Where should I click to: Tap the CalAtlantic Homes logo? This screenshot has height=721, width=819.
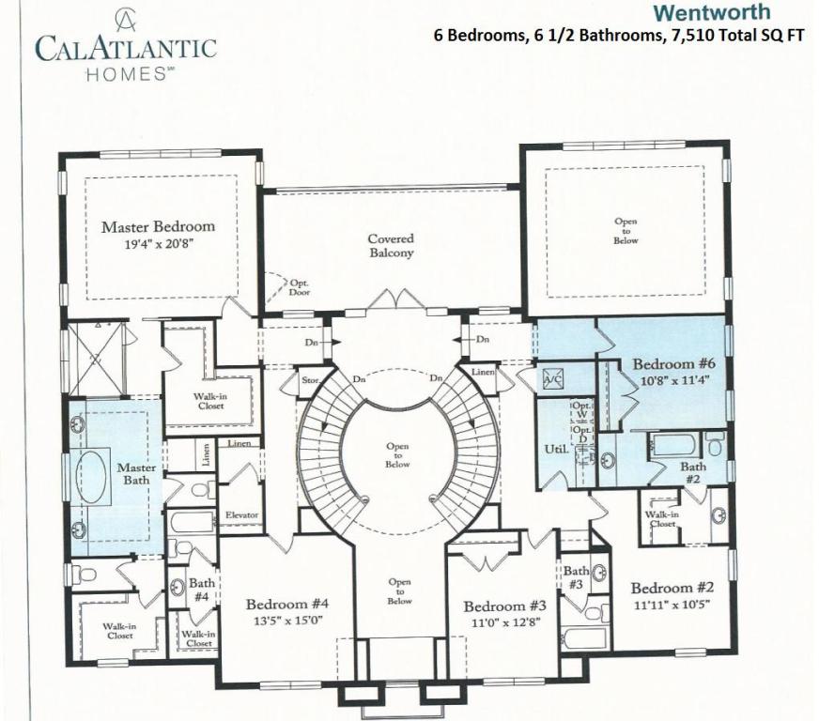(x=125, y=48)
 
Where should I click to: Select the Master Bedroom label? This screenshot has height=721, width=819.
(x=158, y=226)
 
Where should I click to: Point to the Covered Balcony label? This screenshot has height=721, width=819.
(x=391, y=246)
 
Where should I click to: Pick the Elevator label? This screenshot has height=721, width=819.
(x=241, y=515)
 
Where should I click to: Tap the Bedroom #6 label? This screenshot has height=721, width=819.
(x=674, y=363)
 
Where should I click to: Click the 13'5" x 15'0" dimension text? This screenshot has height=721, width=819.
(x=286, y=621)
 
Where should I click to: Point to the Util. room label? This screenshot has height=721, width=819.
(x=555, y=450)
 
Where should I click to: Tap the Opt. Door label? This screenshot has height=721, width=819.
(x=300, y=287)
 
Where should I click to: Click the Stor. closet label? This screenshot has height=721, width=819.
(x=311, y=381)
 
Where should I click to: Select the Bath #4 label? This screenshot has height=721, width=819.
(x=201, y=589)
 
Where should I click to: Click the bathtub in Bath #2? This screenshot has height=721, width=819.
(x=675, y=443)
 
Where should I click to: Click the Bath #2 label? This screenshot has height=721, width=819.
(x=693, y=472)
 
